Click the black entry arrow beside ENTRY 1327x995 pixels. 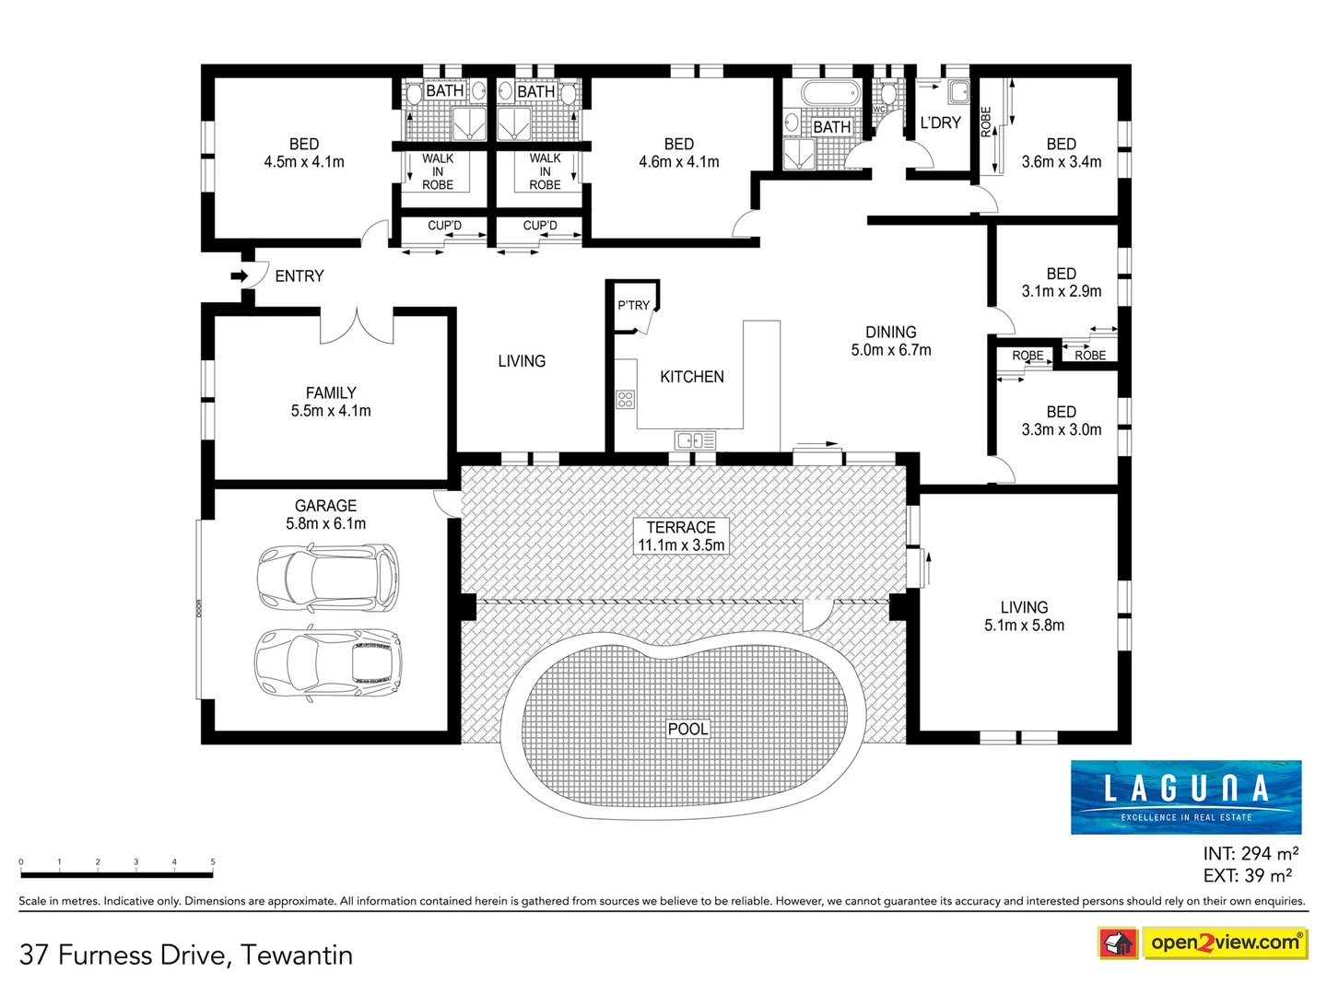(x=239, y=275)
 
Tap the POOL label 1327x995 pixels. (x=687, y=729)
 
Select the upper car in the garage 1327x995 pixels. (x=327, y=578)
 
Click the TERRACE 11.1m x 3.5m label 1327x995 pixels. (x=681, y=536)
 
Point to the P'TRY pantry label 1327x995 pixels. (x=633, y=305)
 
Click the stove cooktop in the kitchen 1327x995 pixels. (x=626, y=399)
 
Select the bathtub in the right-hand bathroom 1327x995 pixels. (x=829, y=93)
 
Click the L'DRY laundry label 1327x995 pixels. (x=940, y=123)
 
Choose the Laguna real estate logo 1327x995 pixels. (x=1186, y=797)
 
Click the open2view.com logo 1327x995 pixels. (x=1225, y=942)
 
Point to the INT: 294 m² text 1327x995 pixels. (x=1251, y=854)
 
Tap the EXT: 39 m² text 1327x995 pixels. (x=1248, y=875)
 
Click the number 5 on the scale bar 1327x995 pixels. (x=213, y=862)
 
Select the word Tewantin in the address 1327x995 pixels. (x=297, y=955)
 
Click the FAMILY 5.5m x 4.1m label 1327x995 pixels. (x=331, y=402)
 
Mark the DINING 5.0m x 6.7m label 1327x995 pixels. (x=891, y=341)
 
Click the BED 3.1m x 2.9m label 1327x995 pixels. (x=1061, y=282)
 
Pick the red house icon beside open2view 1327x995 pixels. (x=1118, y=943)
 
